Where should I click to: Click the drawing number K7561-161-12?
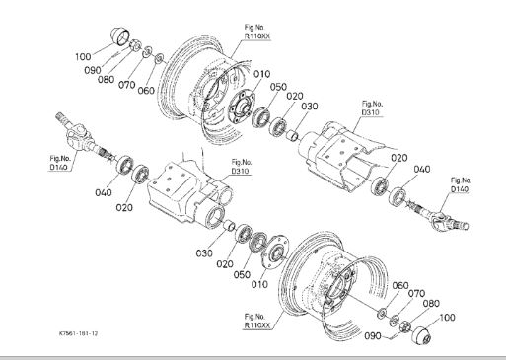[x=78, y=333]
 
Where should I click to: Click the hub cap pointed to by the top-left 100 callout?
[x=120, y=36]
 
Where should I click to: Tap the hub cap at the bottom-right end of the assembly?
[x=421, y=336]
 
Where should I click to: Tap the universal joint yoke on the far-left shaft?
[x=77, y=136]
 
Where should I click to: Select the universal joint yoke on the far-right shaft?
[x=449, y=221]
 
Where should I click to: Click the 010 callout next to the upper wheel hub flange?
[x=262, y=74]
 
